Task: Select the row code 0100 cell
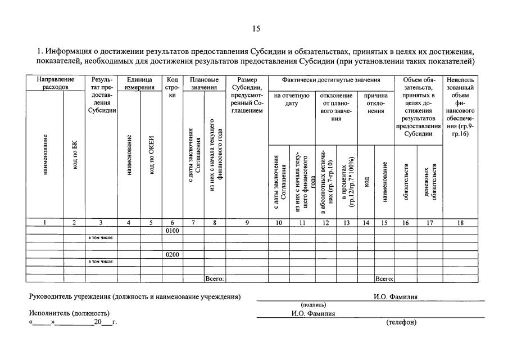pos(172,231)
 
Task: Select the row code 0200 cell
pos(172,254)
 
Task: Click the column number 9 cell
pos(247,223)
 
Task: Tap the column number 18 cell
pos(460,223)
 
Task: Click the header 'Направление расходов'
pos(55,84)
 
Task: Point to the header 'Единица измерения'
pos(140,84)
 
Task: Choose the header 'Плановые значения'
pos(204,84)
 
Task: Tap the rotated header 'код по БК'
pos(74,155)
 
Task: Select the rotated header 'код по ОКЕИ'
pos(151,155)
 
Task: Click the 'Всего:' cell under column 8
pos(215,278)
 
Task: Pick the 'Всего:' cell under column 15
pos(384,278)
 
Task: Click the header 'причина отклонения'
pos(376,103)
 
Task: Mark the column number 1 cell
pos(44,223)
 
